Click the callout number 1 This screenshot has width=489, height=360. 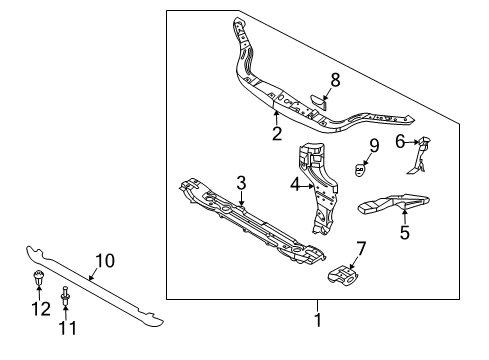pyautogui.click(x=318, y=321)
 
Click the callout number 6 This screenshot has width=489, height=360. pyautogui.click(x=400, y=143)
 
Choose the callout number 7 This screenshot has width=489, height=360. pyautogui.click(x=361, y=248)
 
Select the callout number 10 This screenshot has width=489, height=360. pyautogui.click(x=104, y=261)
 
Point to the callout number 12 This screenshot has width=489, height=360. pyautogui.click(x=39, y=310)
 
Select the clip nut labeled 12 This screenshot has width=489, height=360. pyautogui.click(x=39, y=279)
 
